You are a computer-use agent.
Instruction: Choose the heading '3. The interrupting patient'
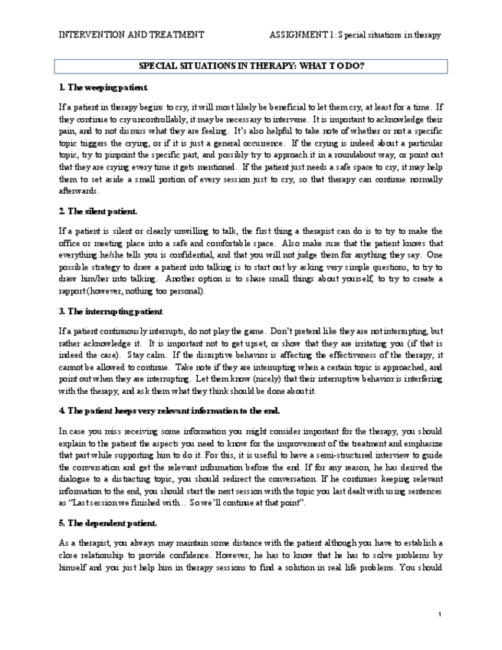click(x=110, y=311)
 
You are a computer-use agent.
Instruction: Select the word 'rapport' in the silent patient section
click(x=74, y=291)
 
